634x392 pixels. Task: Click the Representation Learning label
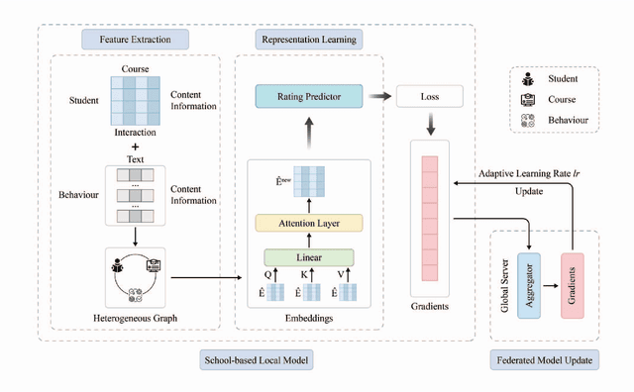308,40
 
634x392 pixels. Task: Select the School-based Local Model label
257,360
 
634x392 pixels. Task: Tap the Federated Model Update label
543,360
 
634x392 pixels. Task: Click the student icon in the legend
529,78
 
